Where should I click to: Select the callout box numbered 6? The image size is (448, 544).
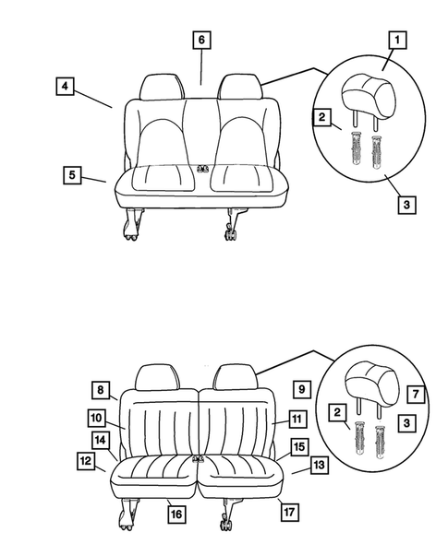(201, 40)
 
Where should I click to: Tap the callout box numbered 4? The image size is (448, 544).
(64, 88)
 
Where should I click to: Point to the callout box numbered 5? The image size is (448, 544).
(72, 174)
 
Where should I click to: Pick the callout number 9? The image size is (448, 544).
(300, 388)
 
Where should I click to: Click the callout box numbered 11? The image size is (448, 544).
(296, 419)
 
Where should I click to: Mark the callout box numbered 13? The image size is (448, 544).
(319, 466)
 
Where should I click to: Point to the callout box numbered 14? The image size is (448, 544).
(101, 440)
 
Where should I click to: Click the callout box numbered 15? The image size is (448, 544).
(298, 447)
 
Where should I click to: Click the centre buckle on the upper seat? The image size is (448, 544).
(202, 169)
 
